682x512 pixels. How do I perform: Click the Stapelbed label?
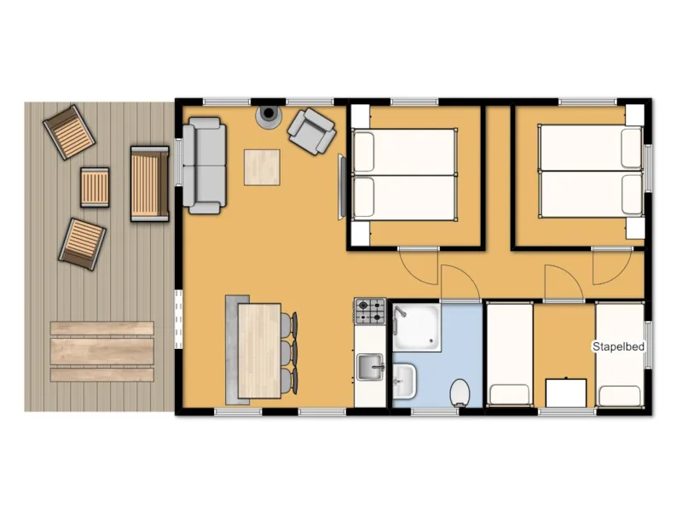tap(618, 346)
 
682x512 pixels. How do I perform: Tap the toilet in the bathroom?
tap(459, 392)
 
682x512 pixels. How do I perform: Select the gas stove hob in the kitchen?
tap(370, 311)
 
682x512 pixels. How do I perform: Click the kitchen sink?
tap(370, 368)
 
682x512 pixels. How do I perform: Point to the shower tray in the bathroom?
tap(417, 327)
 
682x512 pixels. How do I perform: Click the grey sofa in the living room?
tap(205, 164)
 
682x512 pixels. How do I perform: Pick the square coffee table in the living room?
tap(262, 167)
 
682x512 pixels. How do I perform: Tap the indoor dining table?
tap(259, 350)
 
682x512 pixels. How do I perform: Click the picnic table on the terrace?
tap(101, 351)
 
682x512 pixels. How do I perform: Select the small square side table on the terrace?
tap(95, 187)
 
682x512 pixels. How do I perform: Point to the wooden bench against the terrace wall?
tap(149, 183)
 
